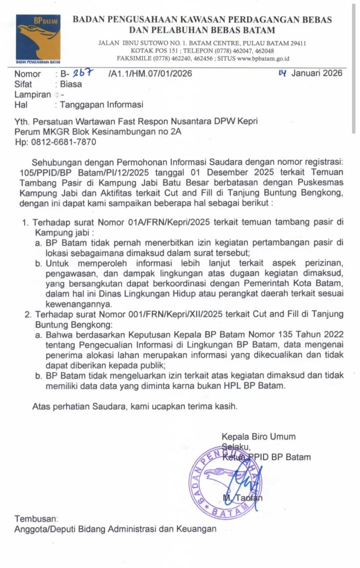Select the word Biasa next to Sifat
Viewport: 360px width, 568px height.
pyautogui.click(x=71, y=84)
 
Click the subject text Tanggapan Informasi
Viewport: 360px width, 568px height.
pyautogui.click(x=101, y=104)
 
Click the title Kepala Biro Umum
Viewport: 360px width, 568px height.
pyautogui.click(x=258, y=436)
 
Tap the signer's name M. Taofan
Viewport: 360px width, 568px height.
pyautogui.click(x=241, y=497)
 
